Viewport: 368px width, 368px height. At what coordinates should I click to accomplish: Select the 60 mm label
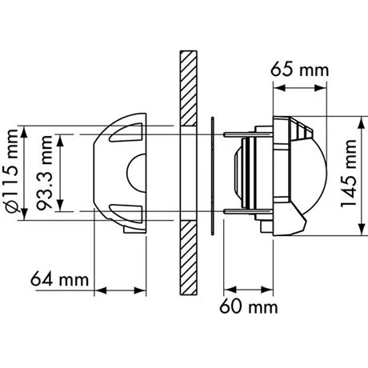coord(250,307)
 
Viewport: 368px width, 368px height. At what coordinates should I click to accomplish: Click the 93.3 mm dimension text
coord(47,172)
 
